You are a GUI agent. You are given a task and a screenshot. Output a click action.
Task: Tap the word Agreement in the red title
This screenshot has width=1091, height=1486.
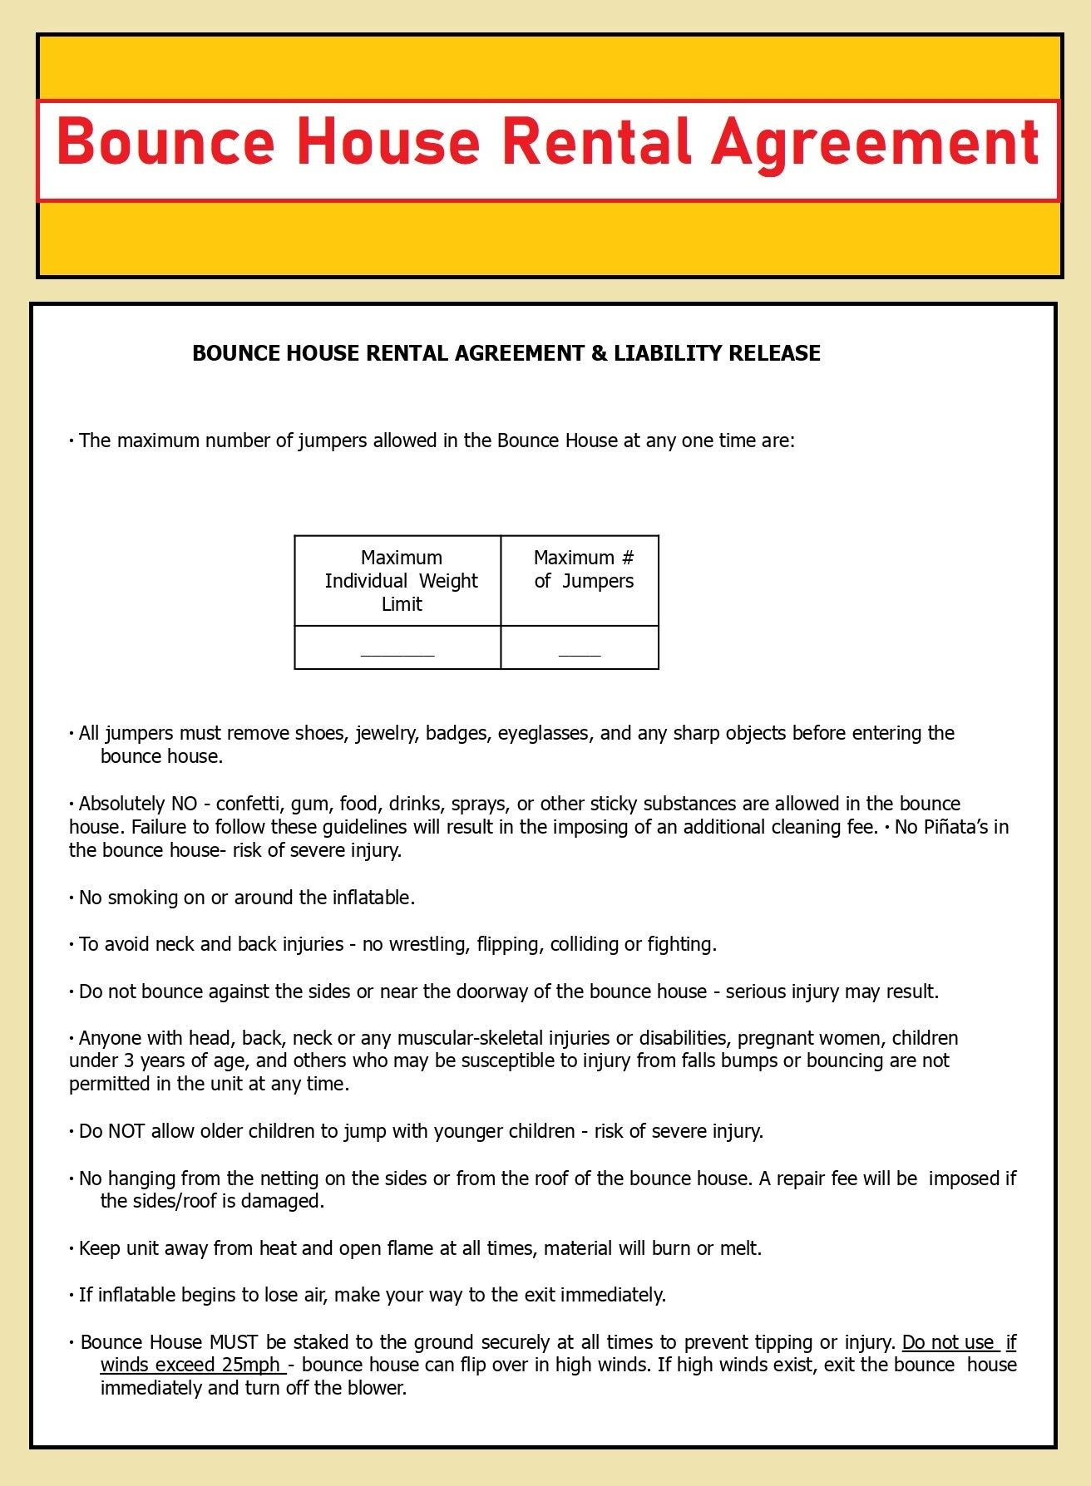coord(876,143)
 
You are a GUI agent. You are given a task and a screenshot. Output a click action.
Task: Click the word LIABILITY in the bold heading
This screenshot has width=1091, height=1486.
coord(668,353)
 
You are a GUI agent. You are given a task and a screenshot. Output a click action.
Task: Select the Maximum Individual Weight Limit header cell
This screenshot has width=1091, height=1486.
coord(401,581)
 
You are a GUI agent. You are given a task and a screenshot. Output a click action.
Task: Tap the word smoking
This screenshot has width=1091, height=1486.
coord(143,898)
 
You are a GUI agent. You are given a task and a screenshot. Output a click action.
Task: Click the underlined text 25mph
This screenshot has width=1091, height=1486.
coord(250,1365)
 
